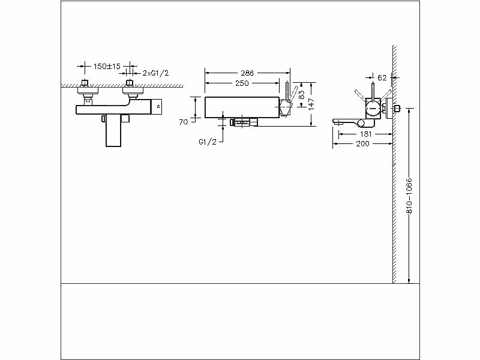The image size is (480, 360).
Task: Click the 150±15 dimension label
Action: coord(107,66)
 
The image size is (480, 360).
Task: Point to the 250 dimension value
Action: coord(242,83)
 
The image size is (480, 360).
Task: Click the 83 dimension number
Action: coord(302,94)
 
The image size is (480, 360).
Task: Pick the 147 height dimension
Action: coord(312,103)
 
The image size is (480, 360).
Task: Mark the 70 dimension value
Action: coord(184,122)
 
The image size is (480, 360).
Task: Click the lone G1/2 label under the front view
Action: coord(208,142)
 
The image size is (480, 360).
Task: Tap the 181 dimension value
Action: coord(365,134)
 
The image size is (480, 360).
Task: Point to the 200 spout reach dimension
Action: coord(362,145)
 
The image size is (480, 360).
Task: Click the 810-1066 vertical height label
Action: coord(409,195)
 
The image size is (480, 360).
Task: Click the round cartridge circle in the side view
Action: coord(373,107)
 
